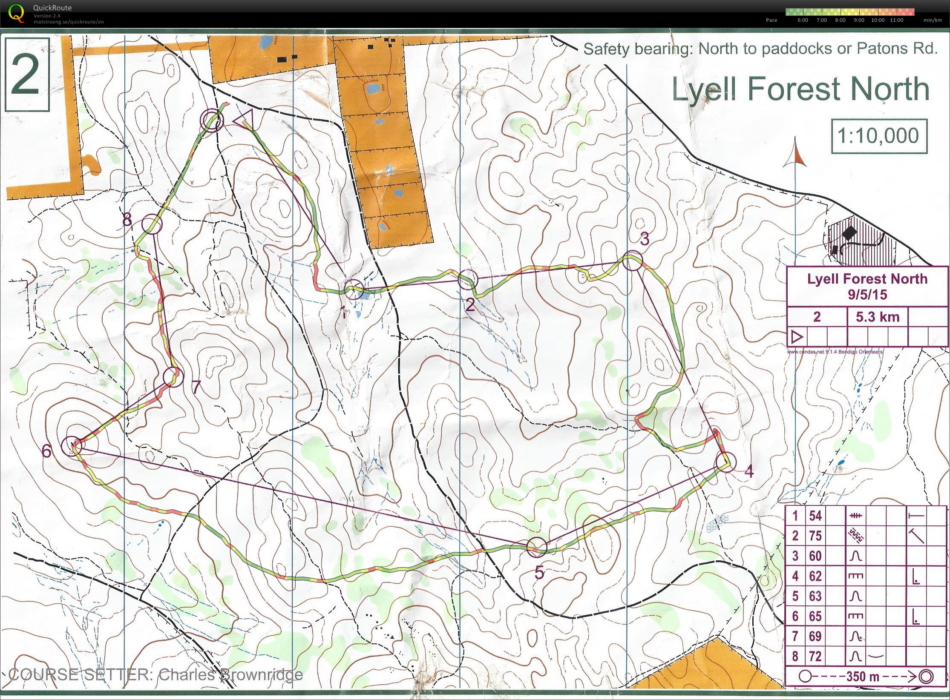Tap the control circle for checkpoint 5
pos(537,546)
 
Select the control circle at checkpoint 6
pos(72,446)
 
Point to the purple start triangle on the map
pos(244,119)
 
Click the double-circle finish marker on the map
pos(213,120)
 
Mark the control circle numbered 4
pos(725,462)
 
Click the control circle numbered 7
pos(173,376)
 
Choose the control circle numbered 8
pos(151,224)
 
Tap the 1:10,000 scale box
pos(879,136)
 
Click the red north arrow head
pos(795,155)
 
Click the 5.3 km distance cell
pos(878,317)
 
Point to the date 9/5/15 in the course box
pos(867,294)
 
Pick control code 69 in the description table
pos(815,636)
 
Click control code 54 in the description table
pos(815,516)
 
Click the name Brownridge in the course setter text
pos(260,675)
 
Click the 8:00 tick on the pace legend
pos(840,20)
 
